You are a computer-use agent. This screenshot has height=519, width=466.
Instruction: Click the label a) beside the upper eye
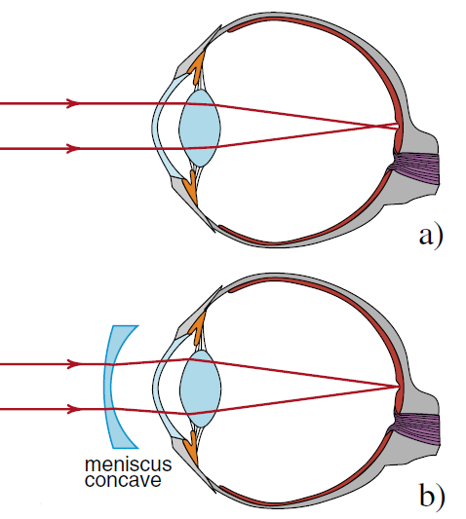click(x=431, y=236)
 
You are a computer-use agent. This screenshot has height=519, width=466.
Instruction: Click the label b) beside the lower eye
click(x=432, y=497)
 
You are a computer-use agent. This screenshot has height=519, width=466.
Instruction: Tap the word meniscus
click(x=129, y=464)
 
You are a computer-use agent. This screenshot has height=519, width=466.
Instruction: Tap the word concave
click(x=123, y=480)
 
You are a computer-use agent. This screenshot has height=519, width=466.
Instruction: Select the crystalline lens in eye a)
click(x=200, y=129)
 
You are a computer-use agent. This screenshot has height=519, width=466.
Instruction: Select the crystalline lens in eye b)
click(x=200, y=389)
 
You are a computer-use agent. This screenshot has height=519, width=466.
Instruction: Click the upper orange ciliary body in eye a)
click(x=197, y=68)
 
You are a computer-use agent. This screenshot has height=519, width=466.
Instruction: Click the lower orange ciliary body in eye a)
click(x=191, y=187)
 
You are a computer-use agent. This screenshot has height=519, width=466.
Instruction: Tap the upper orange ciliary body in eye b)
click(x=197, y=329)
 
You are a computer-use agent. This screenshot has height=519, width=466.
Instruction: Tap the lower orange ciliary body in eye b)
click(x=192, y=448)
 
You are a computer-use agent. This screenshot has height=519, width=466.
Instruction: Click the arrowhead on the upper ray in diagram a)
click(x=73, y=103)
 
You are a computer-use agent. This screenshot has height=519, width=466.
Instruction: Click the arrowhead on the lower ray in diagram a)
click(x=73, y=149)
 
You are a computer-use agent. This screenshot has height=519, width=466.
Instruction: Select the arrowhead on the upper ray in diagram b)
click(x=74, y=364)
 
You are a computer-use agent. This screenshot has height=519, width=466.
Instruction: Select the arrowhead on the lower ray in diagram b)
click(x=74, y=410)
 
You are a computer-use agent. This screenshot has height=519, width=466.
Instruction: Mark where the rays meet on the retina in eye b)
click(x=399, y=387)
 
